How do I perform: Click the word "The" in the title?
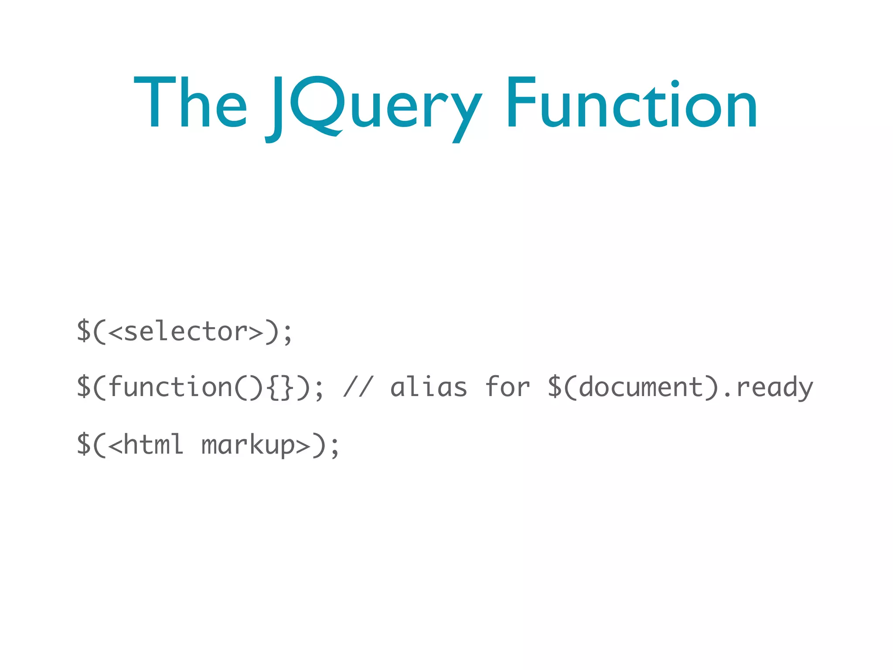190,103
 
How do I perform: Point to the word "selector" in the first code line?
185,332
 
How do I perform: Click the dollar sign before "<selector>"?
84,331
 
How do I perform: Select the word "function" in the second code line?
170,387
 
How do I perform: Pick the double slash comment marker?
358,387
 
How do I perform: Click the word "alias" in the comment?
429,387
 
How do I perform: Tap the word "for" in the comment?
508,387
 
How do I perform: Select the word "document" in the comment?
641,387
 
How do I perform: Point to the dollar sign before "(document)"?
555,387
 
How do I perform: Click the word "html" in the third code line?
153,444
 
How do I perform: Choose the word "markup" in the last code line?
248,445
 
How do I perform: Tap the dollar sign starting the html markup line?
84,444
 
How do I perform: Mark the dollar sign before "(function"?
84,387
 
